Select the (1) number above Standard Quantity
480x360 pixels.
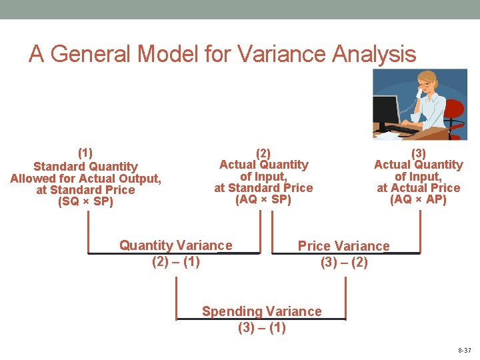(x=85, y=153)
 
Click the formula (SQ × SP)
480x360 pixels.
(x=85, y=201)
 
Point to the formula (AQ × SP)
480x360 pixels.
(x=263, y=199)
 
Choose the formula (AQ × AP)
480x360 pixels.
(x=418, y=199)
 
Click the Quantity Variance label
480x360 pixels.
(x=176, y=245)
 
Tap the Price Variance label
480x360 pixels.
(x=343, y=246)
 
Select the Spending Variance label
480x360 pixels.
(x=261, y=311)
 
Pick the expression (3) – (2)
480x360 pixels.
(x=344, y=262)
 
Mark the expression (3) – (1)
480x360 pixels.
(x=261, y=327)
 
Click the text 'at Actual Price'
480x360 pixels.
(x=418, y=188)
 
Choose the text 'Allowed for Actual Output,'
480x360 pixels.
(x=85, y=178)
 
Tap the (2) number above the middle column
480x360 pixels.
(x=263, y=153)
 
